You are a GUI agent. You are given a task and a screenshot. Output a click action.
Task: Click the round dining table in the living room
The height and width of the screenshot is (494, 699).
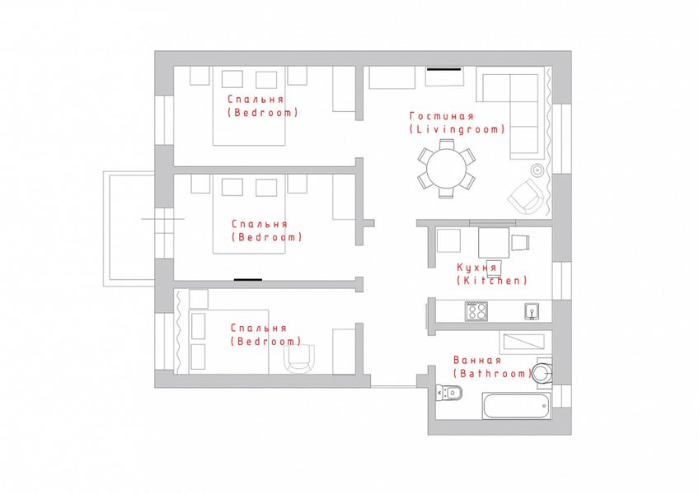coord(446,169)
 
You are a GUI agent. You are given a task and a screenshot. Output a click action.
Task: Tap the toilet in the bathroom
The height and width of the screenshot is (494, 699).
coord(449,393)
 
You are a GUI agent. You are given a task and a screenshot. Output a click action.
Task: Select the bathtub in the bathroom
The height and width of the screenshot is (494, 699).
coord(516,405)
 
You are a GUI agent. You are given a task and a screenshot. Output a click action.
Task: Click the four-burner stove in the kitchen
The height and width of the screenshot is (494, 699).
coord(476,311)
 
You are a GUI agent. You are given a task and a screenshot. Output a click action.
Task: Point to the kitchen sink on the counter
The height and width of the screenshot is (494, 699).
coord(532,311)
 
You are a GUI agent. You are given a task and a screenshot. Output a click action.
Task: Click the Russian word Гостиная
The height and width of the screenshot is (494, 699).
coord(441,116)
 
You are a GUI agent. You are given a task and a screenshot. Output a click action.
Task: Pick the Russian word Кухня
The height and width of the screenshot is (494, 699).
coord(476,268)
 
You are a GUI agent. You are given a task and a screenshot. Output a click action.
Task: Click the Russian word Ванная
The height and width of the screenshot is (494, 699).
coord(477,360)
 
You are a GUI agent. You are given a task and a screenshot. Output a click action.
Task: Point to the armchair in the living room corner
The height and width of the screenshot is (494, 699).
coord(526,197)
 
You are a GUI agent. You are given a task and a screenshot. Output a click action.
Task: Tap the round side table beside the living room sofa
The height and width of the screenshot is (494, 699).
coord(537,170)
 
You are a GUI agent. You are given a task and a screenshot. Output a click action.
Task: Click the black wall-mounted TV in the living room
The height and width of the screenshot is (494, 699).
coord(444,69)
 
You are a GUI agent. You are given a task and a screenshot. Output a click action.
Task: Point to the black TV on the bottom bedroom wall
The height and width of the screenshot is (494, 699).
coord(248,280)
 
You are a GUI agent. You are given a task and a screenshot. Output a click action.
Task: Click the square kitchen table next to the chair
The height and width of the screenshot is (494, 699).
coord(494,243)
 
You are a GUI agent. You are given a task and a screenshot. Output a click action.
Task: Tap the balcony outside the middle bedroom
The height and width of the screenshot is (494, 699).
coord(129,229)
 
